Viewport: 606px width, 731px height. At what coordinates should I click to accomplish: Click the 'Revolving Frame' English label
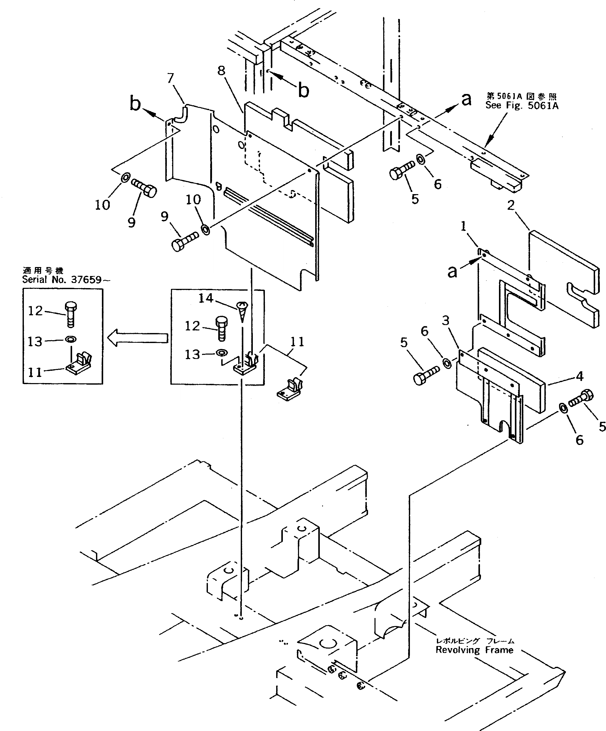point(474,650)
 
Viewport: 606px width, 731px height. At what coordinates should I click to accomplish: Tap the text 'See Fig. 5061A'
point(522,106)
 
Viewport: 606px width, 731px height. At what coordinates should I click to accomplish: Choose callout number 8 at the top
point(221,70)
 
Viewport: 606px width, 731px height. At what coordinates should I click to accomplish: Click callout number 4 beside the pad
point(579,376)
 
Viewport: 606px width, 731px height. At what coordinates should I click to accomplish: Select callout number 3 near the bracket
point(446,320)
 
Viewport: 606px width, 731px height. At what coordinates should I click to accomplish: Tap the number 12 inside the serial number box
point(35,310)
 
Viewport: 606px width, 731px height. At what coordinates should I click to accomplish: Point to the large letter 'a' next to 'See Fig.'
point(466,99)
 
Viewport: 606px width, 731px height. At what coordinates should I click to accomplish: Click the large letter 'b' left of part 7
point(135,104)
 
